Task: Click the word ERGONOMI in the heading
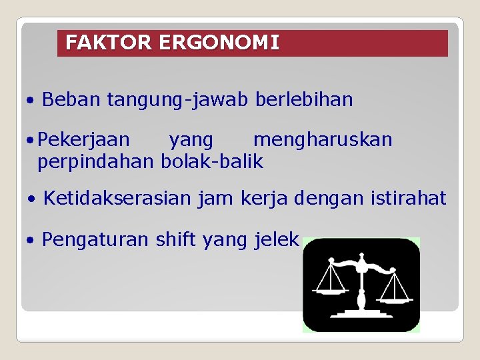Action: [219, 43]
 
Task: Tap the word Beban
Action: [71, 100]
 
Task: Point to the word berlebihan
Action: [304, 100]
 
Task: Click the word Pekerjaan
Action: [84, 139]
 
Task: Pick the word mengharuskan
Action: [323, 139]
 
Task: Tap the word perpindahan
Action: [96, 161]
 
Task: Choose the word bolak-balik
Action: [212, 161]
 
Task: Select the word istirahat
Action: [409, 198]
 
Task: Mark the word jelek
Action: [276, 239]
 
